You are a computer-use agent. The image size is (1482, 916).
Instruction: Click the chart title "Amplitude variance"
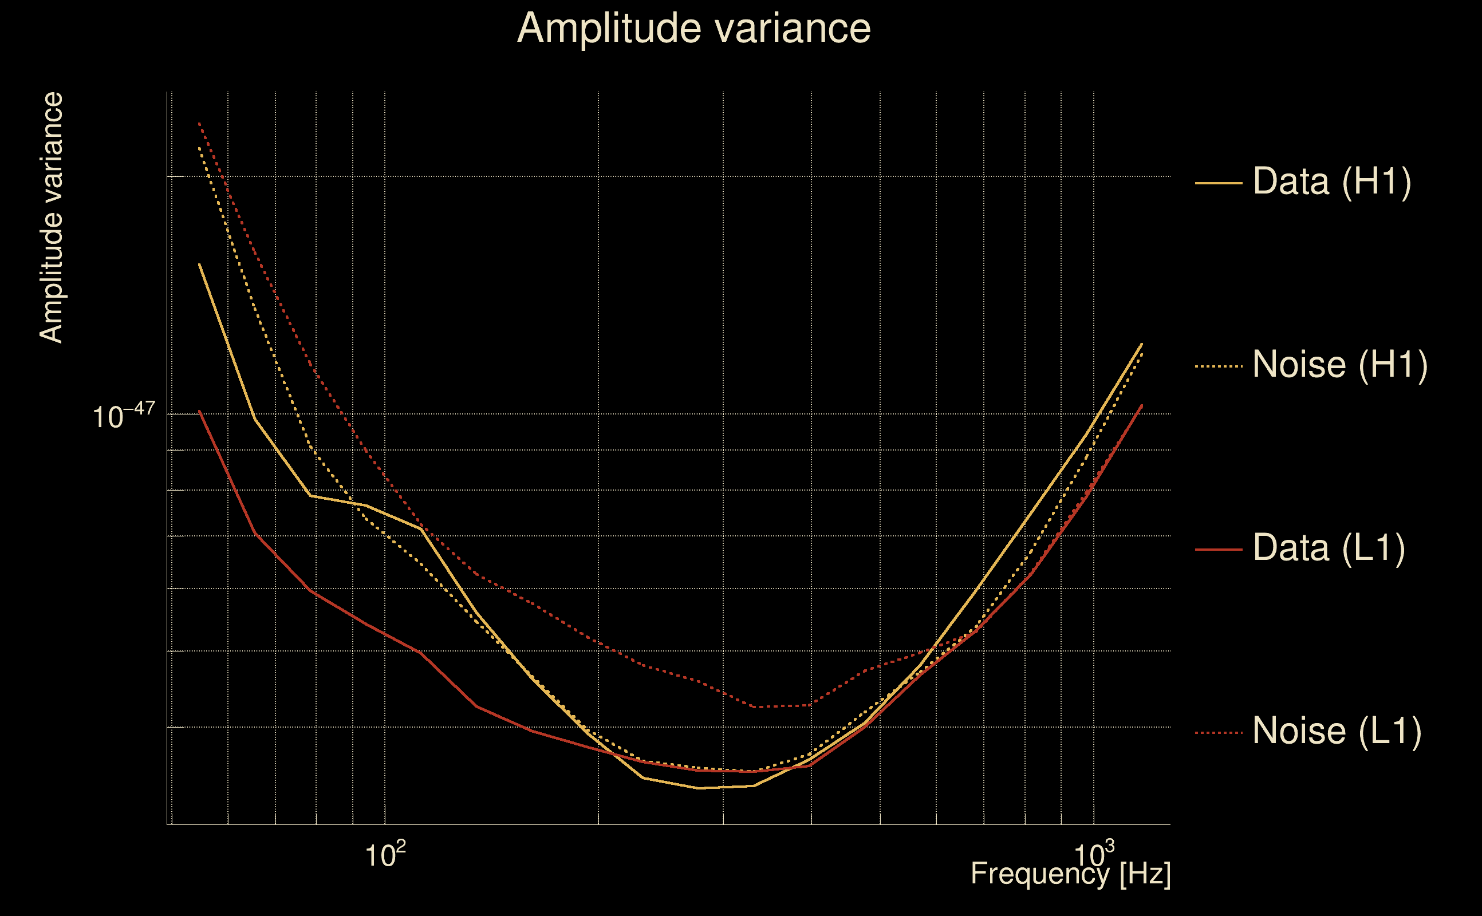point(693,29)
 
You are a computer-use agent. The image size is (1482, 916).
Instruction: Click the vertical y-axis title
point(51,218)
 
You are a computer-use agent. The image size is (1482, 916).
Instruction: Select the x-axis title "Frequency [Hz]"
point(1070,874)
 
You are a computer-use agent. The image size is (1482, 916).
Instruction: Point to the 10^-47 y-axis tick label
point(124,416)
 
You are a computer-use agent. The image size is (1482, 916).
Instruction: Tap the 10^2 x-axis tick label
point(385,855)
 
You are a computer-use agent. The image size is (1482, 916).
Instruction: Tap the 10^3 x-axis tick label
point(1094,855)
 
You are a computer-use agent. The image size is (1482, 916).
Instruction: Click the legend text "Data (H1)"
point(1332,181)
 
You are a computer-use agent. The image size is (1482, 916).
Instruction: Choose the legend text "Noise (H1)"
point(1339,365)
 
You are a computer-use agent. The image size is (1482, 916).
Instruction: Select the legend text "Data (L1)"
point(1329,548)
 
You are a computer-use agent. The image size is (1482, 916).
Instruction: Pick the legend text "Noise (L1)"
point(1337,731)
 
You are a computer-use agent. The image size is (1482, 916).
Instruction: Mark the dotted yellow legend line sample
point(1218,366)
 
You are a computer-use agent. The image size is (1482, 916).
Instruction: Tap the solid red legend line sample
point(1218,550)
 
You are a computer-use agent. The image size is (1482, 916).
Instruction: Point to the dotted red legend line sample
point(1218,733)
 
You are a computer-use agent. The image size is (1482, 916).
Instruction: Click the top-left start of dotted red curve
point(199,123)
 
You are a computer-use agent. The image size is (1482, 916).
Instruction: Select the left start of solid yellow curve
point(199,264)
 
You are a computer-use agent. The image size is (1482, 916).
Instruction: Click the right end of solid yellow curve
point(1142,344)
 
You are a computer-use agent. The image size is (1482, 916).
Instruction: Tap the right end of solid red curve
point(1142,405)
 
